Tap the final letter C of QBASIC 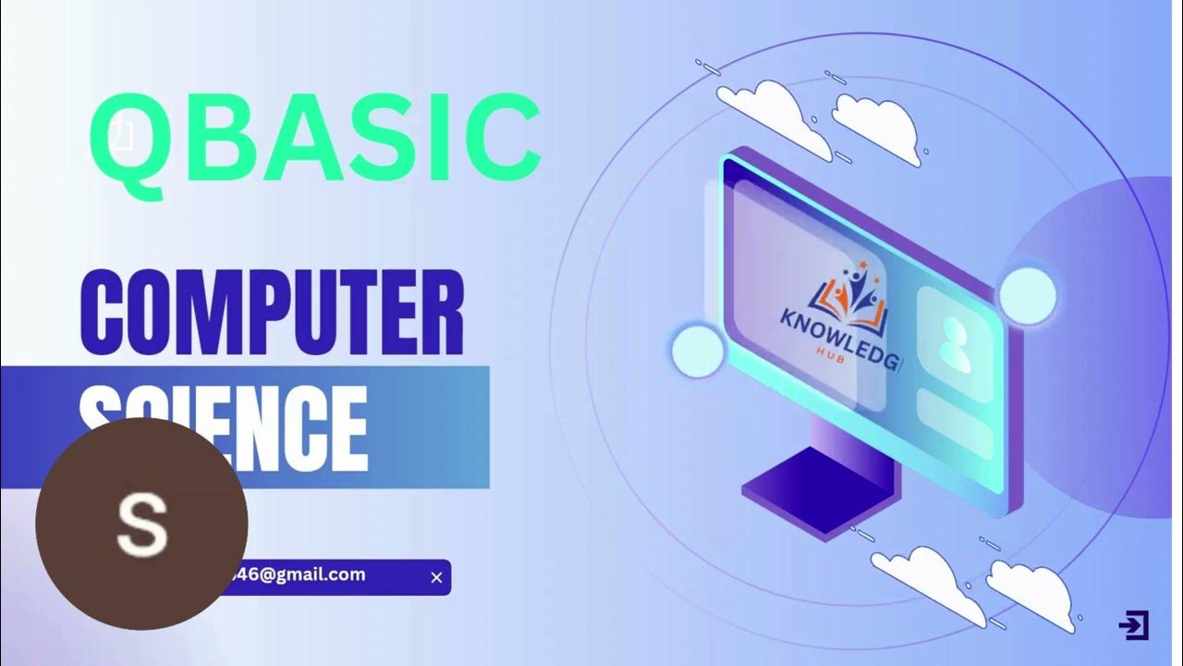pos(503,140)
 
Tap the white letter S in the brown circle pos(141,524)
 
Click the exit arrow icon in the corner pos(1133,625)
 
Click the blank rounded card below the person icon pos(955,424)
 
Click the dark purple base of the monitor pos(813,491)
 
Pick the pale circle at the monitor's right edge pos(1027,295)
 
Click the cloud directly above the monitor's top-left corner pos(772,110)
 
